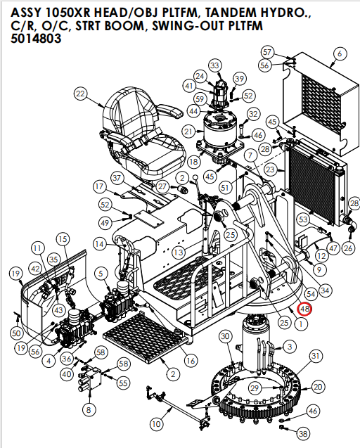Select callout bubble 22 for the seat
(x=80, y=94)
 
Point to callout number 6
(x=340, y=53)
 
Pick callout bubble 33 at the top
(x=214, y=65)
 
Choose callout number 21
(x=188, y=131)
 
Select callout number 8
(x=88, y=409)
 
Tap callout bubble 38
(x=303, y=434)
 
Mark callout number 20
(x=318, y=387)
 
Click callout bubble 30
(x=225, y=338)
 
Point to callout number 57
(x=266, y=52)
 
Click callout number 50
(x=16, y=332)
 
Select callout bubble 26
(x=348, y=248)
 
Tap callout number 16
(x=190, y=361)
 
